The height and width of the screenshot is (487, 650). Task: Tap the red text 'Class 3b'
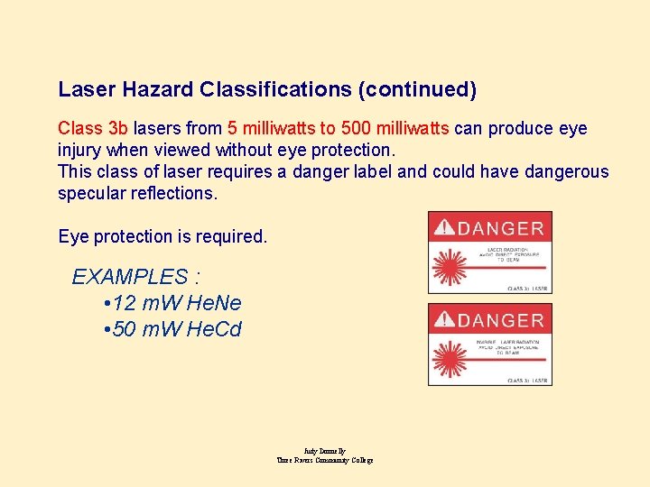coord(92,129)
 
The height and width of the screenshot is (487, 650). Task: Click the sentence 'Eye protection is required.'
coord(162,237)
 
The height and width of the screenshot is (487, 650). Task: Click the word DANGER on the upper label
coord(500,229)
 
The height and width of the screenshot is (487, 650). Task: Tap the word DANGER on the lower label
coord(500,320)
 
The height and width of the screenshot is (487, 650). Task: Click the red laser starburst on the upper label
coord(449,267)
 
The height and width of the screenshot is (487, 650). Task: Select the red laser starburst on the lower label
coord(449,359)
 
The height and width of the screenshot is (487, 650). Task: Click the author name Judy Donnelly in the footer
coord(325,451)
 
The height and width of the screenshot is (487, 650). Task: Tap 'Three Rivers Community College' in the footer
coord(325,460)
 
